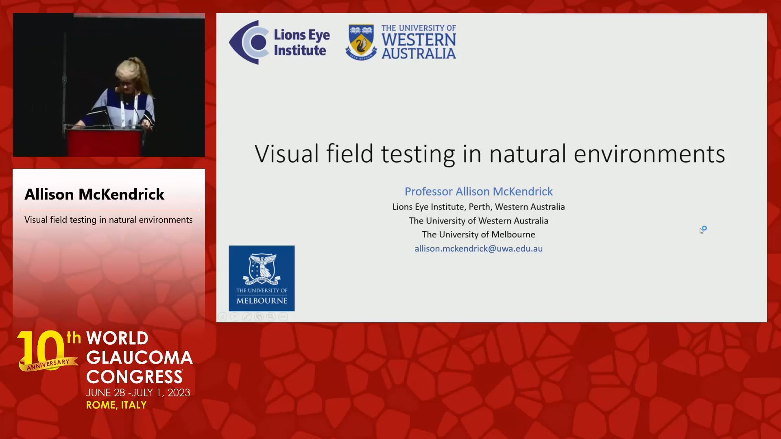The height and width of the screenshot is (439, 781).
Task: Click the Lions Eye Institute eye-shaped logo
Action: (249, 42)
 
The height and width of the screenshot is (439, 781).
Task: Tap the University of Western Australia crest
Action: (361, 42)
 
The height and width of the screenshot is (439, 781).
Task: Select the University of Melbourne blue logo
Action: (262, 278)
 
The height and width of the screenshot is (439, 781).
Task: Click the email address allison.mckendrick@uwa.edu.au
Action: (478, 248)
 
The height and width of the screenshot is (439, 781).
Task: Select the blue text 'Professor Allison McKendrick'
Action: (478, 191)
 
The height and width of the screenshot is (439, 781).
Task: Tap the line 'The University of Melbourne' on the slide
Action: (478, 235)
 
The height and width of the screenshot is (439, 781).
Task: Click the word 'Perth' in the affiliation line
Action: (479, 207)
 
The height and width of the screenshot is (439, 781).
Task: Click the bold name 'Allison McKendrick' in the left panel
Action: (94, 194)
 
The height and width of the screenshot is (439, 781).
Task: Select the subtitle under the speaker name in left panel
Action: (109, 220)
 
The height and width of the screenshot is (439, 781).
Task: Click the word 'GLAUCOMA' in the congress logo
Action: (140, 357)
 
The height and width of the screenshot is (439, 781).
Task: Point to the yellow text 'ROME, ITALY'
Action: (116, 405)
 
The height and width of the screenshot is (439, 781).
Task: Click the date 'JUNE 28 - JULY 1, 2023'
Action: (138, 393)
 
